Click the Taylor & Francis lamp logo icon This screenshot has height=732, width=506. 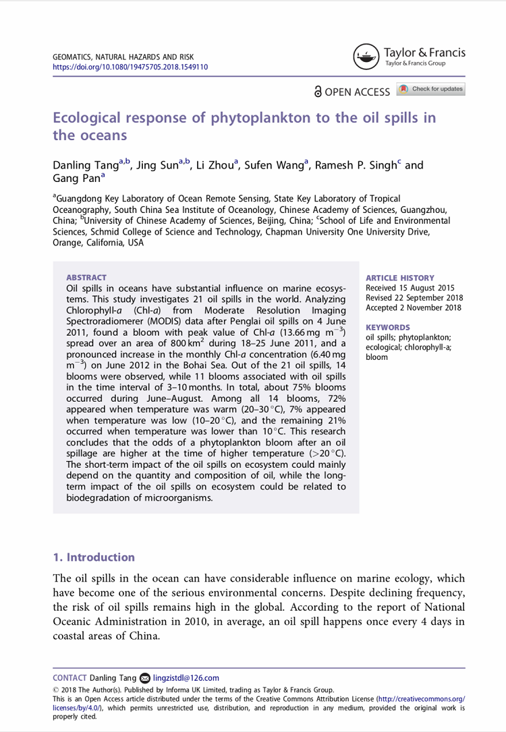366,57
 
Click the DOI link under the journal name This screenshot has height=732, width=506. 130,67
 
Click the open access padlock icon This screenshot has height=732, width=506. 317,91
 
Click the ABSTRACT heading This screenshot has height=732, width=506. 86,277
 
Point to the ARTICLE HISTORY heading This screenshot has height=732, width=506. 399,278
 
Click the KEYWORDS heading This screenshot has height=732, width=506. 387,327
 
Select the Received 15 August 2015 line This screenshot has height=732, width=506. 410,288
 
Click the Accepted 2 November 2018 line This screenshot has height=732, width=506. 413,307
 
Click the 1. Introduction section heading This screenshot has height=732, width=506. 94,557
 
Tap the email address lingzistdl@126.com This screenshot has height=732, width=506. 186,678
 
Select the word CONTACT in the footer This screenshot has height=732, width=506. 69,678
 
